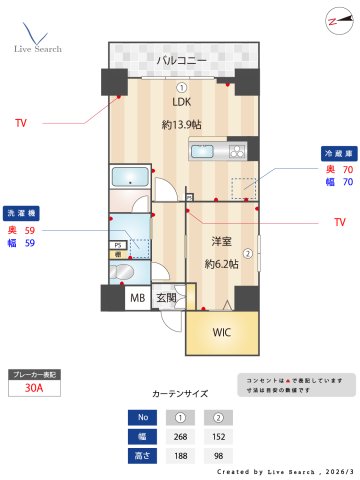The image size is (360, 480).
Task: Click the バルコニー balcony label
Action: click(180, 61)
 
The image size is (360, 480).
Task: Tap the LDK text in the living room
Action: click(180, 102)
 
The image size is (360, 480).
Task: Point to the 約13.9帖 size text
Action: click(181, 125)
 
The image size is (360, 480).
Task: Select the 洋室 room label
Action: click(220, 242)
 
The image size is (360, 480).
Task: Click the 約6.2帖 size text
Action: click(222, 264)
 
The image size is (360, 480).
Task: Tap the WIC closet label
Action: click(222, 333)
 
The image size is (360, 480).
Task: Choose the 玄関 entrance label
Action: click(165, 298)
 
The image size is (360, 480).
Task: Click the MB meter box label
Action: click(137, 298)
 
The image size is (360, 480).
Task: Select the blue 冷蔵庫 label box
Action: click(337, 154)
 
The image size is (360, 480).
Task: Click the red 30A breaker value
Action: click(33, 389)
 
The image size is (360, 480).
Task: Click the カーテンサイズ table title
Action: click(181, 395)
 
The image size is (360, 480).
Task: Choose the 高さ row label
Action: click(142, 455)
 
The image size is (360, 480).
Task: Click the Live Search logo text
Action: click(37, 48)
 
